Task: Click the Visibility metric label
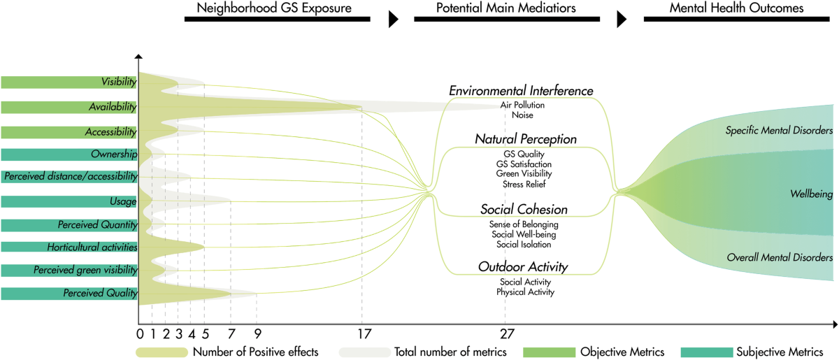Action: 118,82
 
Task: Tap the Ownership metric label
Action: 113,154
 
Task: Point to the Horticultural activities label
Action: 92,247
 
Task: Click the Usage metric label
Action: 123,201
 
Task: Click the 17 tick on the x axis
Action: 361,333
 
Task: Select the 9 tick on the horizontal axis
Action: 257,333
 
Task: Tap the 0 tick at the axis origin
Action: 140,333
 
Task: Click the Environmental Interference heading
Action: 521,91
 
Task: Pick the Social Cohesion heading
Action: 524,210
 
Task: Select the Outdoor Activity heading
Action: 523,266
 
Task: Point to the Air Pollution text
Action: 522,105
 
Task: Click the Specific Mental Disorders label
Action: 778,130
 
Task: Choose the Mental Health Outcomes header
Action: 736,9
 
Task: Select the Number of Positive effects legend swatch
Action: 162,352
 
